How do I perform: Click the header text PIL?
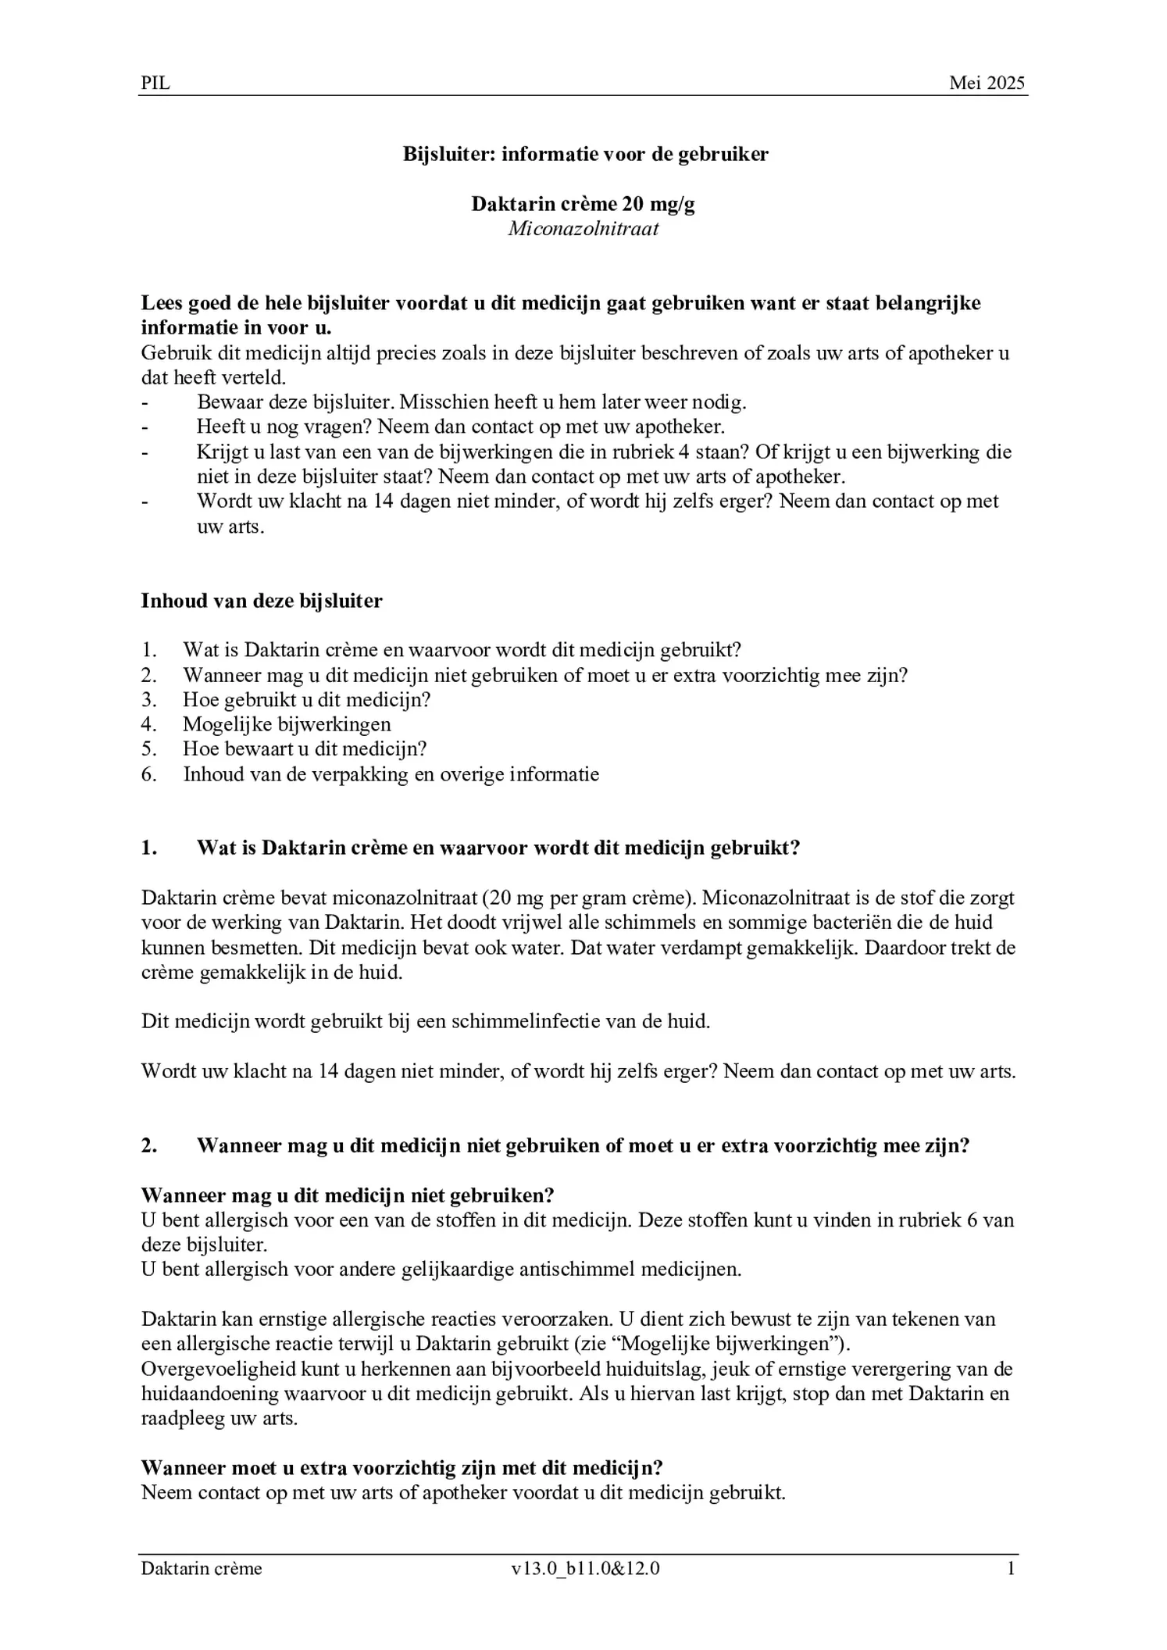click(x=155, y=84)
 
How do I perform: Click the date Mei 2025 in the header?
click(x=987, y=84)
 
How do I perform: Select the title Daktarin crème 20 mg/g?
click(x=583, y=204)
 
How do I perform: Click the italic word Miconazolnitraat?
click(x=583, y=229)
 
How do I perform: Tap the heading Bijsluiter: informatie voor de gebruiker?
click(x=585, y=154)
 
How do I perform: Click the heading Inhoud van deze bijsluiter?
click(x=262, y=601)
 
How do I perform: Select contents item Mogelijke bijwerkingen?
click(x=287, y=724)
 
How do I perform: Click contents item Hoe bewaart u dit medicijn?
click(x=305, y=749)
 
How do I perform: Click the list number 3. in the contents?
click(x=148, y=699)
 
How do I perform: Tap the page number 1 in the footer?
click(x=1011, y=1568)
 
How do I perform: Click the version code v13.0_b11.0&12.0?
click(x=585, y=1568)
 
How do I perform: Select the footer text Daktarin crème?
click(x=202, y=1568)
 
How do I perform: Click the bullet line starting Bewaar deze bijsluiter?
click(x=471, y=402)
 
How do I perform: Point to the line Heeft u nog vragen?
click(x=461, y=427)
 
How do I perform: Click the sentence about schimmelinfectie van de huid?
click(x=426, y=1021)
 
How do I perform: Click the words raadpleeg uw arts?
click(x=219, y=1418)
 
